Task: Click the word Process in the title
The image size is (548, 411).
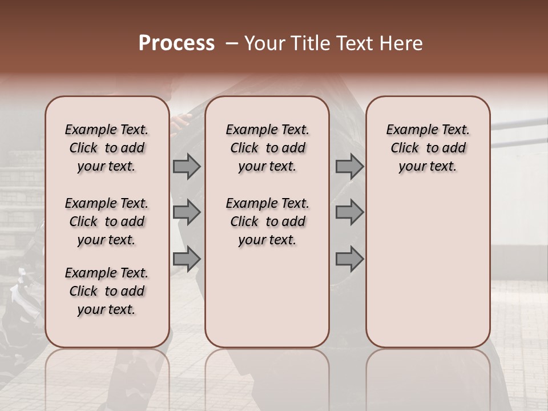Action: (176, 43)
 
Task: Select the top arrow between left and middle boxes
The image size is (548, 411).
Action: (187, 166)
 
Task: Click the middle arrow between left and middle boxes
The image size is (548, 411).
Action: (187, 212)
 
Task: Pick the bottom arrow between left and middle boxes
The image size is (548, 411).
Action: (187, 259)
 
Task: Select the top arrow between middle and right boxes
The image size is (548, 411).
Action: (349, 166)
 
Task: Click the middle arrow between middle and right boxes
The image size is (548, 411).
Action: (349, 212)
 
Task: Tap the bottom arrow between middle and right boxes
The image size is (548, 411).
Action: (349, 259)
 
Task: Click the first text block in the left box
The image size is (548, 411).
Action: (107, 148)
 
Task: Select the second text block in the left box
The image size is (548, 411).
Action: (107, 221)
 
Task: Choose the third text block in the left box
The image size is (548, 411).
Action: (107, 291)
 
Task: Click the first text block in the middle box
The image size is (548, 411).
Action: (267, 148)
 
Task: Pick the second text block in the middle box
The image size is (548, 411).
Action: (267, 221)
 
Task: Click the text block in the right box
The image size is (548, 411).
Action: (428, 148)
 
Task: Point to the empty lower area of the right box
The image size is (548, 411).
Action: (428, 268)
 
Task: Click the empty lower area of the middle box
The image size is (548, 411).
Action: (267, 297)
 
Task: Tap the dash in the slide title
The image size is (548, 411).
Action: (232, 43)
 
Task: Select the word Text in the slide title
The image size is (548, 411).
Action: (354, 43)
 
